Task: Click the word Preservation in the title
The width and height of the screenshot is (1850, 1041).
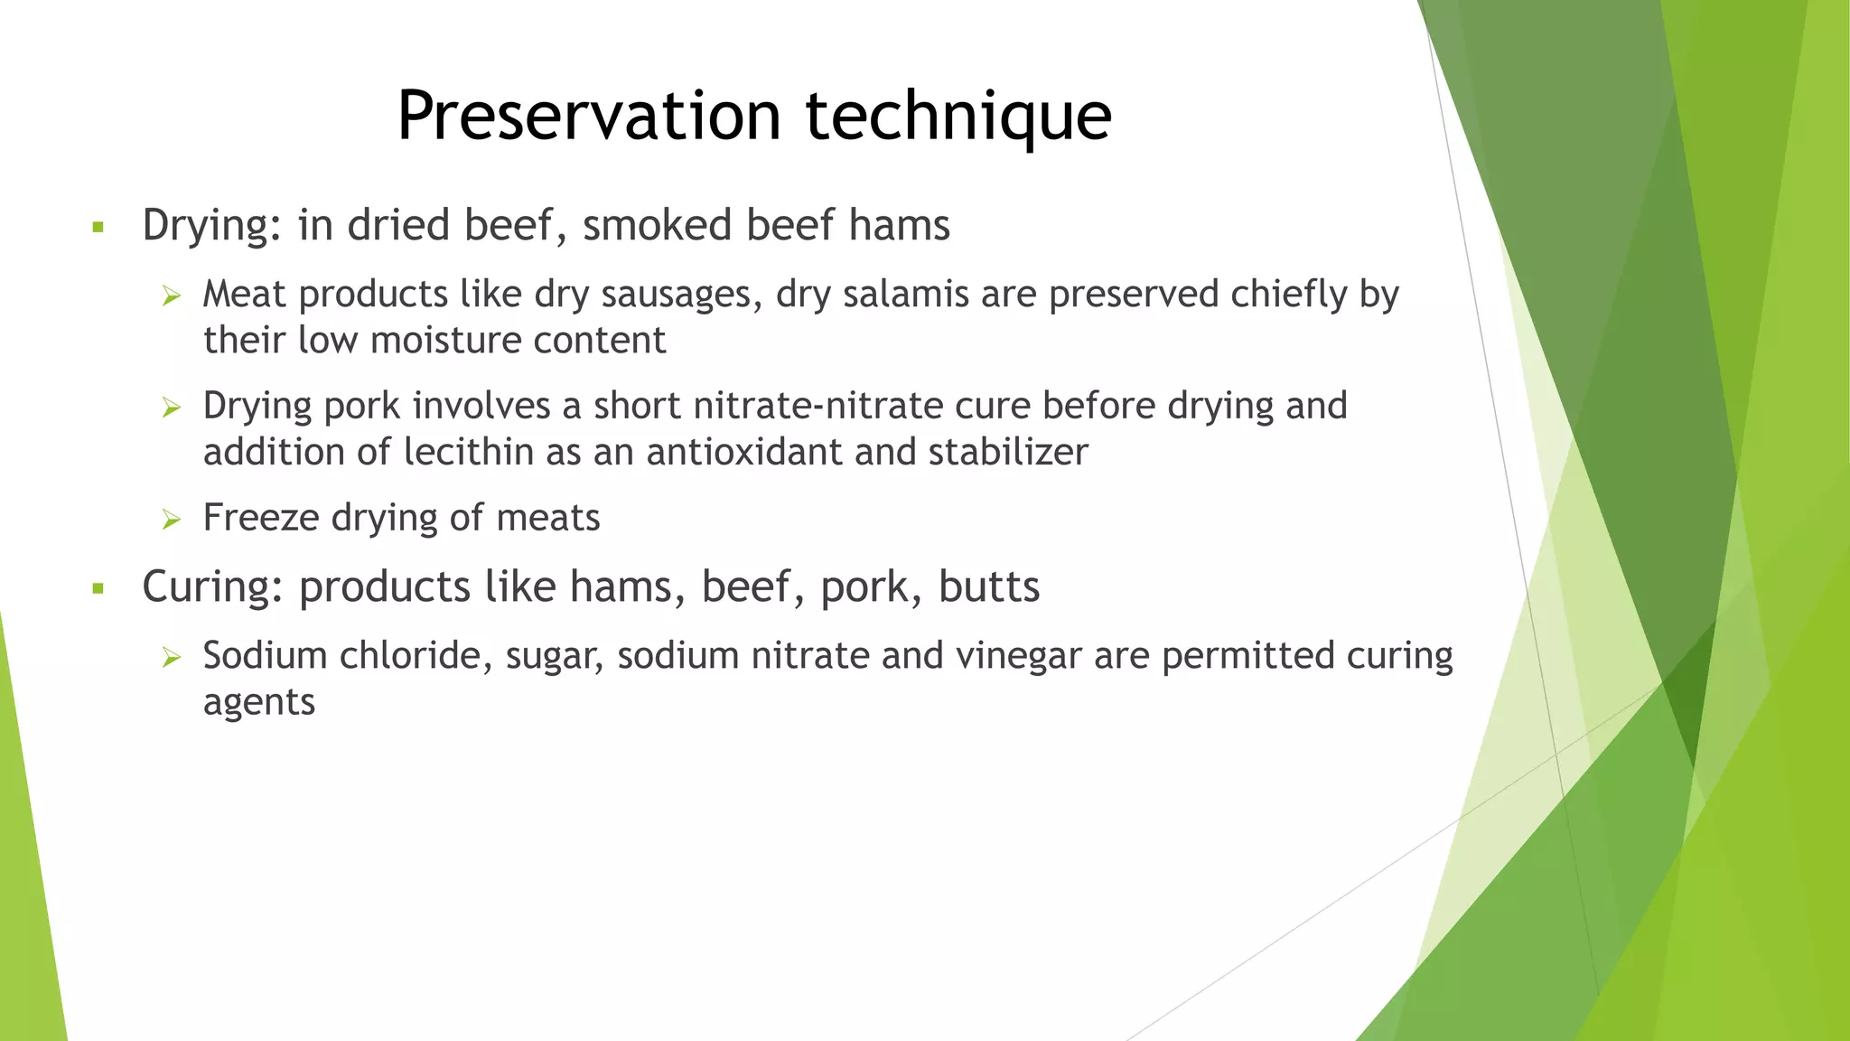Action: tap(588, 116)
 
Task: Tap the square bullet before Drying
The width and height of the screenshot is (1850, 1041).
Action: tap(98, 227)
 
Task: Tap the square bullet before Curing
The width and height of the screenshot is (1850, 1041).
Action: tap(98, 589)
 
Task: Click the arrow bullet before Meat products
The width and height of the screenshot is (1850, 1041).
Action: tap(172, 295)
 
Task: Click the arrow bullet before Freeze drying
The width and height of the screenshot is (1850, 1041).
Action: tap(172, 519)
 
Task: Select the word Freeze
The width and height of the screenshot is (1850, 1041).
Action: tap(260, 518)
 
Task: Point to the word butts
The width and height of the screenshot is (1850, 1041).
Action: tap(988, 586)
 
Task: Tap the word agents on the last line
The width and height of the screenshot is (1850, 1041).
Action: tap(258, 703)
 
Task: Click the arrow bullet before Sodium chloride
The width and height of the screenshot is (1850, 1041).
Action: tap(172, 657)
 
